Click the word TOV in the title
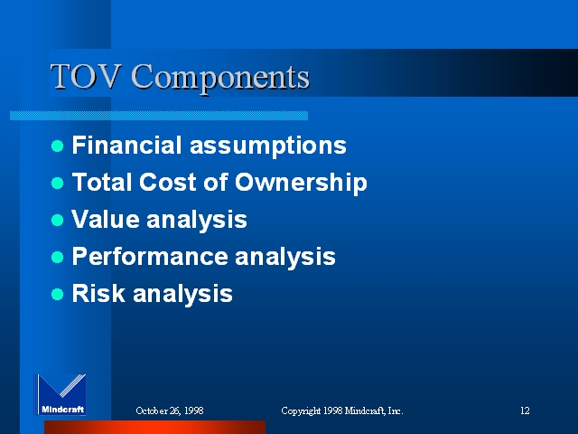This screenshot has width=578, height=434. [x=86, y=76]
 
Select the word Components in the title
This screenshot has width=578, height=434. [x=220, y=79]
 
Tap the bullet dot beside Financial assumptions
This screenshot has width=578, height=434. [x=57, y=146]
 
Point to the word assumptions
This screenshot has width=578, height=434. [x=268, y=146]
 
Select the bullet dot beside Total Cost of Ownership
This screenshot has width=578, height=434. [x=57, y=183]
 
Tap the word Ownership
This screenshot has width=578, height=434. [x=301, y=183]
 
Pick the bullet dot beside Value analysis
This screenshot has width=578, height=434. [x=57, y=221]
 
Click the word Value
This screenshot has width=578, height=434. [x=106, y=219]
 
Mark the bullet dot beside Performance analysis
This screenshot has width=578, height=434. [x=57, y=257]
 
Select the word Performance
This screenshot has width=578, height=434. [x=150, y=256]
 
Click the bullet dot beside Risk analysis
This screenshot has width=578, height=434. [x=57, y=294]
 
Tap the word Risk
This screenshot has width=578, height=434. [x=98, y=293]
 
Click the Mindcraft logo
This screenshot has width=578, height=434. [x=61, y=394]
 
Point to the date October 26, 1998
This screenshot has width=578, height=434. [x=170, y=410]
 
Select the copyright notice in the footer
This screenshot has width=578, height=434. [x=342, y=410]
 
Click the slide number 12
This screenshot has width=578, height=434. [x=525, y=410]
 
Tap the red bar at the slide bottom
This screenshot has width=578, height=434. [x=154, y=427]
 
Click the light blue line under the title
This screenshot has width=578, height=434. [x=159, y=116]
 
